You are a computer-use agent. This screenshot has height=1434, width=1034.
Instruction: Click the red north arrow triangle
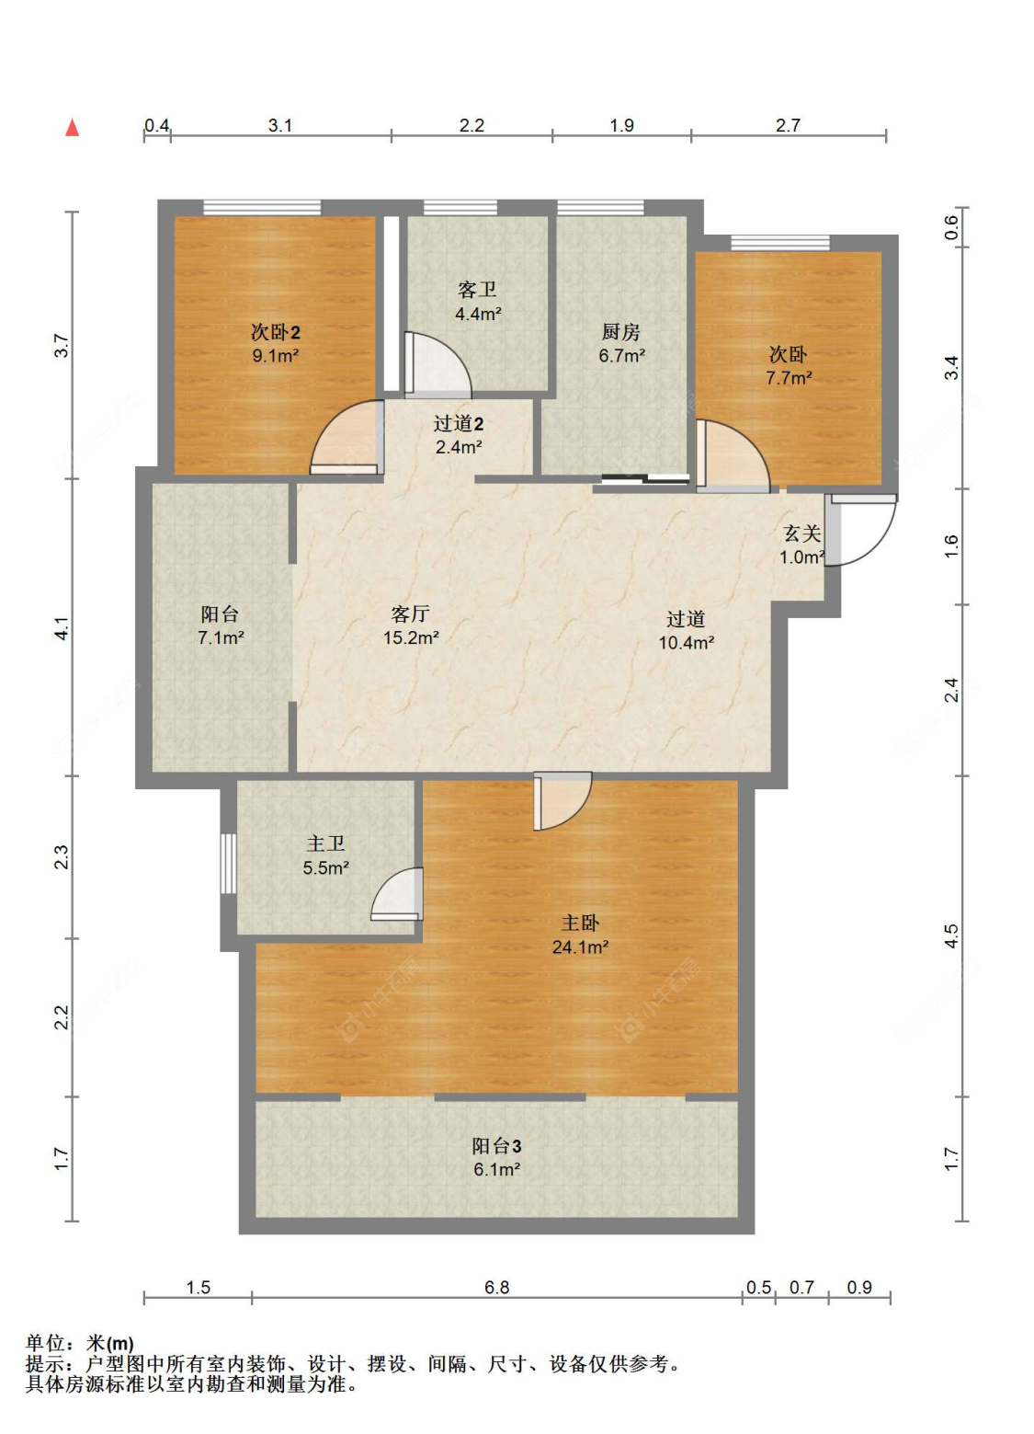tap(73, 128)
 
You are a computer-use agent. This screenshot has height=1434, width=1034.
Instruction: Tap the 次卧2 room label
tap(275, 332)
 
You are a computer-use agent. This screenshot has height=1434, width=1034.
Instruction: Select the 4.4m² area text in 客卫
tap(478, 314)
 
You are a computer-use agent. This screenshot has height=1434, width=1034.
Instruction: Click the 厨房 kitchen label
tap(620, 332)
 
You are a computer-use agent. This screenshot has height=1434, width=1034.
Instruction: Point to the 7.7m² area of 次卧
tap(789, 378)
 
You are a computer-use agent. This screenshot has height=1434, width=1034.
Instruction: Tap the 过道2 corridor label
tap(458, 423)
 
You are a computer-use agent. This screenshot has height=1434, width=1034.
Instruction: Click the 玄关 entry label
tap(801, 533)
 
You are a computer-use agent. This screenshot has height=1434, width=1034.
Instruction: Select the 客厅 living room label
tap(410, 614)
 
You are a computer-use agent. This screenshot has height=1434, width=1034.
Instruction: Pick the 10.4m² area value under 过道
tap(687, 643)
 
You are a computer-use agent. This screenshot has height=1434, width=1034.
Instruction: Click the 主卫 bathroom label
tap(325, 843)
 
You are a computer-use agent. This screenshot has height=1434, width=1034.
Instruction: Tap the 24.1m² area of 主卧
tap(580, 947)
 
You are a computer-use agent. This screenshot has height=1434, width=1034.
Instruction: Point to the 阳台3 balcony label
tap(496, 1147)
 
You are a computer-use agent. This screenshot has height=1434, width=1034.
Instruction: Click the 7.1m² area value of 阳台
tap(221, 637)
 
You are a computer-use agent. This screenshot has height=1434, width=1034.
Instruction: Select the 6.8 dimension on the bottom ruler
tap(496, 1288)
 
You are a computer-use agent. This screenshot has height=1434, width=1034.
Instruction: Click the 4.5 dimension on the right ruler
tap(951, 936)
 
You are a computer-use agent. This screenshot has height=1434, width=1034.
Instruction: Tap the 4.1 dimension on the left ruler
tap(62, 628)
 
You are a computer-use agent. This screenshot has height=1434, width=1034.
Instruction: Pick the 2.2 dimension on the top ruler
tap(472, 125)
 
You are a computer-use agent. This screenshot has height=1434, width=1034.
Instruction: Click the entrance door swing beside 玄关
tap(860, 530)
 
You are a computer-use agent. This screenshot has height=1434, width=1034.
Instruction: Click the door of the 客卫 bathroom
tap(437, 364)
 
